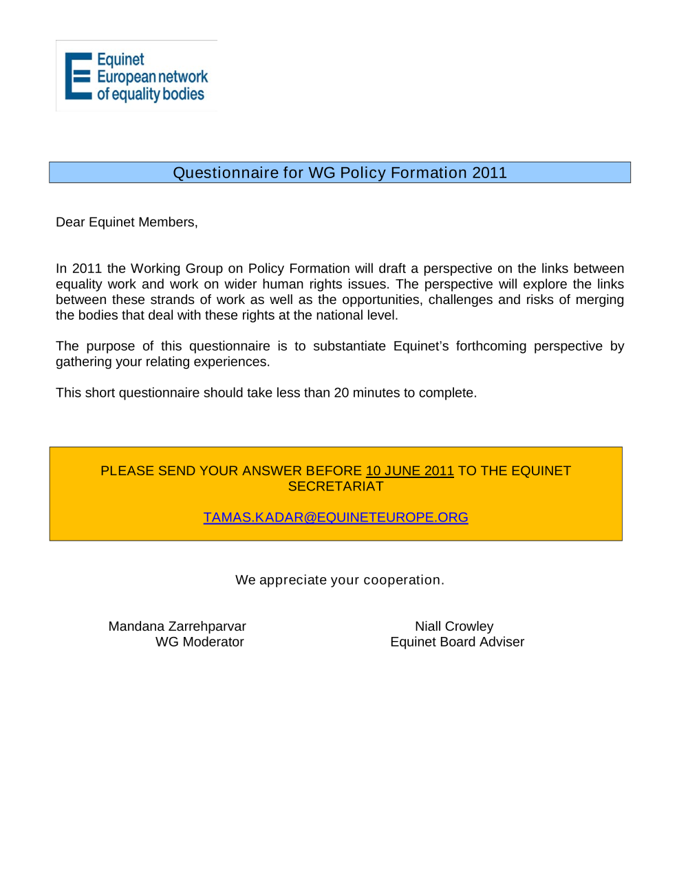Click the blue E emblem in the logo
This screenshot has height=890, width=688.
[78, 76]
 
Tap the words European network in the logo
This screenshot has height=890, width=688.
[152, 77]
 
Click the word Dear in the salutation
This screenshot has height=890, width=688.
[70, 222]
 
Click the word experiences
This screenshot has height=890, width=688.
[234, 362]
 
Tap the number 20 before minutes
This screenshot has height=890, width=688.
[341, 393]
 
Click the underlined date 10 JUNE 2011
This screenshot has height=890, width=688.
[409, 471]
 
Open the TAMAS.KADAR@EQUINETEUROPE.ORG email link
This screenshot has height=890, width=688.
[336, 517]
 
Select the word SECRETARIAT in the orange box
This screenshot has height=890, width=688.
[336, 486]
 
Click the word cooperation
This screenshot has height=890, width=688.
[402, 580]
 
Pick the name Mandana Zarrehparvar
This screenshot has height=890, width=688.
[177, 627]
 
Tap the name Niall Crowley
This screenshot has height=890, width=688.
[454, 627]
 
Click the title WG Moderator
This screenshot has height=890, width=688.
[200, 642]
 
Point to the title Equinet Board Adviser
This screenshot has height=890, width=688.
[457, 642]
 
